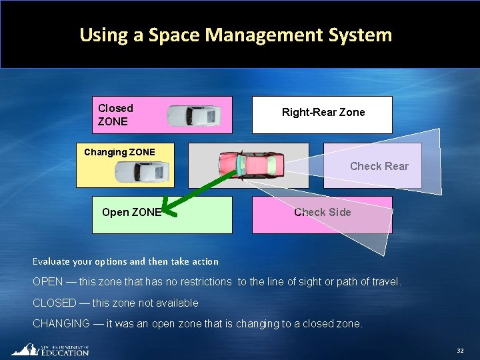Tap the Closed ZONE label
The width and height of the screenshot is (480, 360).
point(115,115)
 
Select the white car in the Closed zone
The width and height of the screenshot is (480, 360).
point(193,115)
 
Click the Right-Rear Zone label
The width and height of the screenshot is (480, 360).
point(323,112)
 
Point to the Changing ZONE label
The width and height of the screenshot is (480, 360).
point(119,152)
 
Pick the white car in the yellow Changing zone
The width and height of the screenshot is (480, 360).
point(141,173)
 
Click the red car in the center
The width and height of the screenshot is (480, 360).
point(252,164)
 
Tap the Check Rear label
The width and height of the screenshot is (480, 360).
point(379,166)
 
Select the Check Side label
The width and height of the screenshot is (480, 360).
point(323,212)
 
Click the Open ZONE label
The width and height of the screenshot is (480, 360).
point(131,212)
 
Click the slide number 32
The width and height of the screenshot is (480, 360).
point(460,351)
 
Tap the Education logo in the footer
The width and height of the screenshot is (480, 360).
point(50,350)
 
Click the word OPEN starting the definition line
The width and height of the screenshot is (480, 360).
point(48,282)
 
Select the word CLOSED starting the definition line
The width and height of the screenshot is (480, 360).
point(55,303)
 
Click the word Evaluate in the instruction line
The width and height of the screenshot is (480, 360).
point(51,261)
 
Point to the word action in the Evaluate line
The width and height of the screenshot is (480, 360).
point(204,261)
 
